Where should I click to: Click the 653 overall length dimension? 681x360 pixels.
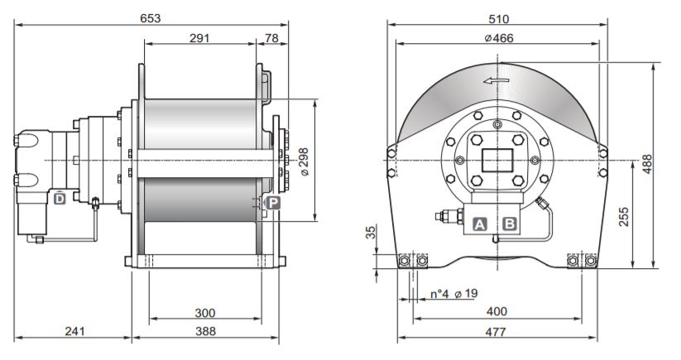click(x=151, y=17)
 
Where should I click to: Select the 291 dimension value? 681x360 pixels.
click(x=199, y=38)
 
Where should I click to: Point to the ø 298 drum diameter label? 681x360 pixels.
click(x=305, y=162)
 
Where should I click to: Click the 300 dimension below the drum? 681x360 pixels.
click(x=205, y=313)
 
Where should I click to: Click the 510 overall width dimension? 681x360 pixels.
click(x=497, y=17)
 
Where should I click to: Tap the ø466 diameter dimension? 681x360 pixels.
click(x=497, y=37)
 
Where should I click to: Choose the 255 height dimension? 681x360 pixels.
click(x=625, y=216)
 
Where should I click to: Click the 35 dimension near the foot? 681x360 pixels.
click(x=372, y=234)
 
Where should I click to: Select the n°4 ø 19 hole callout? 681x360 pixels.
click(x=453, y=295)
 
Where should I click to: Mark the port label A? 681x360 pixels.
click(x=479, y=223)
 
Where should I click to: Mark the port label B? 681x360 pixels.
click(x=510, y=223)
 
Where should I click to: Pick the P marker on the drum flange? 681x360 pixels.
click(x=273, y=202)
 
